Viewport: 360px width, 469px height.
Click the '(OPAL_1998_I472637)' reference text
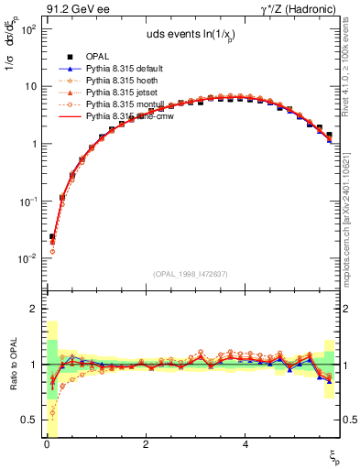click(x=190, y=274)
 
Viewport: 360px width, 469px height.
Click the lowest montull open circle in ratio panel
click(x=52, y=412)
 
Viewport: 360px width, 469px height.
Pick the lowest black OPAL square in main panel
click(x=52, y=236)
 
